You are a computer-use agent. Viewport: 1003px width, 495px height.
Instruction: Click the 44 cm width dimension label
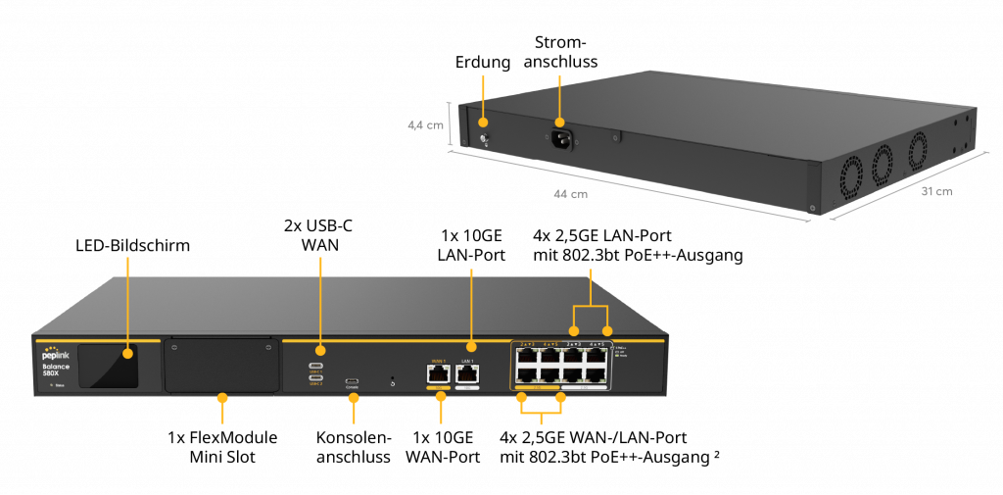click(x=570, y=194)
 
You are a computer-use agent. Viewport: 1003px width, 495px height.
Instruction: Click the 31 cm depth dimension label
click(x=936, y=191)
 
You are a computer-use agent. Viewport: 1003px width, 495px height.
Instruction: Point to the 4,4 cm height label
click(x=426, y=125)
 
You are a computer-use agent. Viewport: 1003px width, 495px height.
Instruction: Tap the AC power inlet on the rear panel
click(x=559, y=140)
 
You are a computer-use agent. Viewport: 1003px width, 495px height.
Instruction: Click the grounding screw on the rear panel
click(x=483, y=140)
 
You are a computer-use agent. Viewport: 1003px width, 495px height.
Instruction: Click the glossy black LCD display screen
click(x=108, y=365)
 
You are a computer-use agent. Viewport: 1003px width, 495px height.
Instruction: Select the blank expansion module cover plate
click(x=221, y=366)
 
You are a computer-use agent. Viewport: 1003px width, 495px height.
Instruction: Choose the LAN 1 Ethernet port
click(x=467, y=374)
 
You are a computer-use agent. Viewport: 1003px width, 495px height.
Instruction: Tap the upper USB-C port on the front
click(x=316, y=366)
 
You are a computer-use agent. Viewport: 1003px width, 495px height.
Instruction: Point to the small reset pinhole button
click(x=393, y=380)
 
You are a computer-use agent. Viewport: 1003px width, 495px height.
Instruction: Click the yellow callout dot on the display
click(x=127, y=353)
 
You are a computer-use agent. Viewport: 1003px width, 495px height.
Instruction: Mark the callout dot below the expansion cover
click(x=222, y=398)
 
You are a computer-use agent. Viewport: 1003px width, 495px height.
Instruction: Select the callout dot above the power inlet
click(x=559, y=123)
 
